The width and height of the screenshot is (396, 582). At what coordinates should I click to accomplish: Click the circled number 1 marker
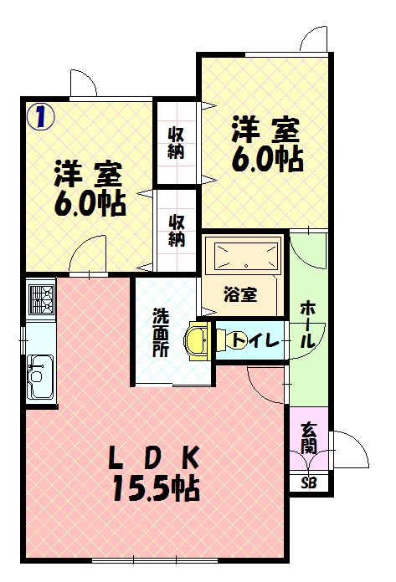pos(40,116)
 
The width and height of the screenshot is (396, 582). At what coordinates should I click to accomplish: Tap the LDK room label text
pos(153,458)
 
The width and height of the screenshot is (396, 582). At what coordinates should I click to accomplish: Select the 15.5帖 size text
pos(156,488)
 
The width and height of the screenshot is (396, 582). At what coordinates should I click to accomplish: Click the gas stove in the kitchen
pos(41,300)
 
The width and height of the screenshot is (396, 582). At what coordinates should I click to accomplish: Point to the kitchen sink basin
pos(39,377)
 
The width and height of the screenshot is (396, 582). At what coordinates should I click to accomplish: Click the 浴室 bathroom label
pos(241,294)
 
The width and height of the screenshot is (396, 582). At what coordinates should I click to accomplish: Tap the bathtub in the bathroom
pos(247,256)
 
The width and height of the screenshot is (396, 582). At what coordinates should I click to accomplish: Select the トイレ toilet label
pos(255,339)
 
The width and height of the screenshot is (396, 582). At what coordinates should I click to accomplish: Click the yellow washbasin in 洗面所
pos(198,340)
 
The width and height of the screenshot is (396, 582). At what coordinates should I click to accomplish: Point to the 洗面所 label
pos(161,332)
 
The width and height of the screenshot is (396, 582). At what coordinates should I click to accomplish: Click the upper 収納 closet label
pos(176,142)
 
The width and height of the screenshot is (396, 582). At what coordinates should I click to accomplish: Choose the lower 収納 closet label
pos(177,231)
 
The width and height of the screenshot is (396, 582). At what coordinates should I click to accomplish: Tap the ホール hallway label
pos(309,324)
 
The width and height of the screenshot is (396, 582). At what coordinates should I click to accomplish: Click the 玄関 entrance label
pos(309,438)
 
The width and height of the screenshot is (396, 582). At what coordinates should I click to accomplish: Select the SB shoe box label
pos(309,482)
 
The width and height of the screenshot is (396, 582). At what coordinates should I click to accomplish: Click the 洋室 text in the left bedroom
pos(88,174)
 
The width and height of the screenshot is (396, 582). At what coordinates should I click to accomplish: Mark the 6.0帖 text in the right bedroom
pos(267,160)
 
